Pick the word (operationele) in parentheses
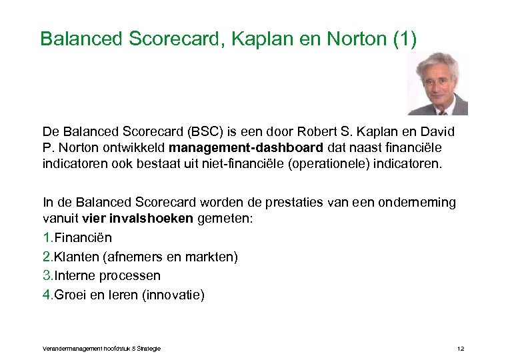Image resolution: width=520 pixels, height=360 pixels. pos(304,163)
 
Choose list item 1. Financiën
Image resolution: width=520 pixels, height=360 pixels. pos(77,238)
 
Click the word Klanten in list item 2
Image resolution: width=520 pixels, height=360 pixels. pos(77,257)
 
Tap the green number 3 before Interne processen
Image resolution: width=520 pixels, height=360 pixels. pos(47,275)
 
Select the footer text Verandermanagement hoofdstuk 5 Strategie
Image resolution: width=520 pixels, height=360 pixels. pos(101,349)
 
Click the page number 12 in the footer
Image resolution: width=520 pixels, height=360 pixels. pos(460,349)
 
